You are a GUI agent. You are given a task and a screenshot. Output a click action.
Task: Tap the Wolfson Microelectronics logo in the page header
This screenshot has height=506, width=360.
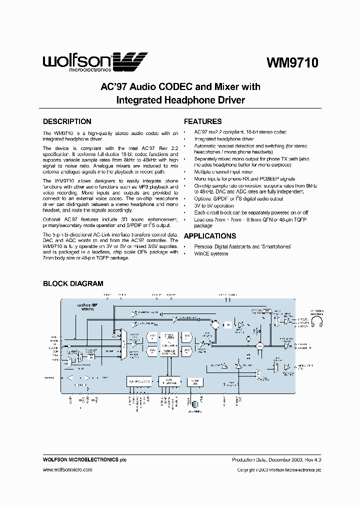95,62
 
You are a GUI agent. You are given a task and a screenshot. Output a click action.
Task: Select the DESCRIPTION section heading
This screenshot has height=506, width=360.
67,121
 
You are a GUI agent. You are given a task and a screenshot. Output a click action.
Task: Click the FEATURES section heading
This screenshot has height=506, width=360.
202,121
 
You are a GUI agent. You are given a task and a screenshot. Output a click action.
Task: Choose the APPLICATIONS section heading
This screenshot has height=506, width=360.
210,236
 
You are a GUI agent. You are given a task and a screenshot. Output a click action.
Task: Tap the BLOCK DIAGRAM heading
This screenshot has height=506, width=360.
73,283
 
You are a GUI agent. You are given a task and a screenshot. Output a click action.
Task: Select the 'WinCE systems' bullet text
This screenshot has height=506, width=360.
211,253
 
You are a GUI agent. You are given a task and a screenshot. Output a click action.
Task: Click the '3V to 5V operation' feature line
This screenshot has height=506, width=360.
214,205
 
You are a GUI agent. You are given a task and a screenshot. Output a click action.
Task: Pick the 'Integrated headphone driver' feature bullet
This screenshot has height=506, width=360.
224,139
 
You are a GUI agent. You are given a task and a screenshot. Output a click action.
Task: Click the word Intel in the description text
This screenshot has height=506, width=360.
133,148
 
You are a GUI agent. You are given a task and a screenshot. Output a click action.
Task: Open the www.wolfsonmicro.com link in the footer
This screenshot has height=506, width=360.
67,470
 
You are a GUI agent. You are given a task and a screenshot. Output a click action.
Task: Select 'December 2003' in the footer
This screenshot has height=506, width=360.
285,459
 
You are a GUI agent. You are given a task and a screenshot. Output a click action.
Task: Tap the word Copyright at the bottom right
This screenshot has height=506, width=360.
247,470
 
